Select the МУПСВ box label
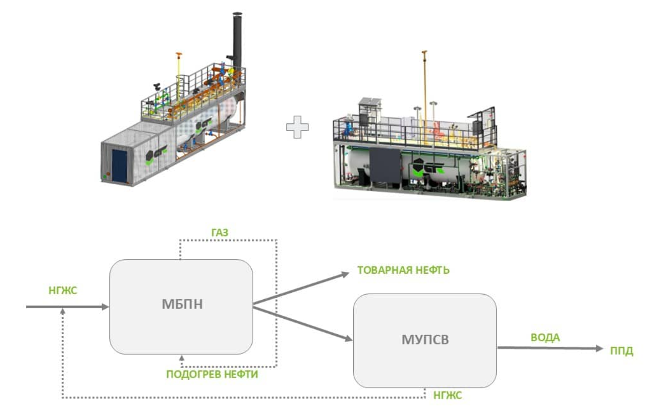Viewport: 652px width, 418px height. click(424, 340)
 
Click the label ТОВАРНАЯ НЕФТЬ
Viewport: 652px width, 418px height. click(403, 271)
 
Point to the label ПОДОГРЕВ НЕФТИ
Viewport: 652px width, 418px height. click(212, 374)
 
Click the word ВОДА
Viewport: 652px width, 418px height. click(545, 338)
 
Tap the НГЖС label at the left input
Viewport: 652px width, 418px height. click(63, 292)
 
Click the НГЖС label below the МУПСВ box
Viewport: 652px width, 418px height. click(448, 396)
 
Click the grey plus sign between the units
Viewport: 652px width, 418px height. click(296, 127)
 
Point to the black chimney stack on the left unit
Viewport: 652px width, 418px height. click(237, 38)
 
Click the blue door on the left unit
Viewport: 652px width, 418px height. click(119, 165)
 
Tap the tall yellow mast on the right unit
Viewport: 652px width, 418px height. click(424, 83)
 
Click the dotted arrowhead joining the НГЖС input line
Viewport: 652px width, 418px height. click(62, 311)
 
